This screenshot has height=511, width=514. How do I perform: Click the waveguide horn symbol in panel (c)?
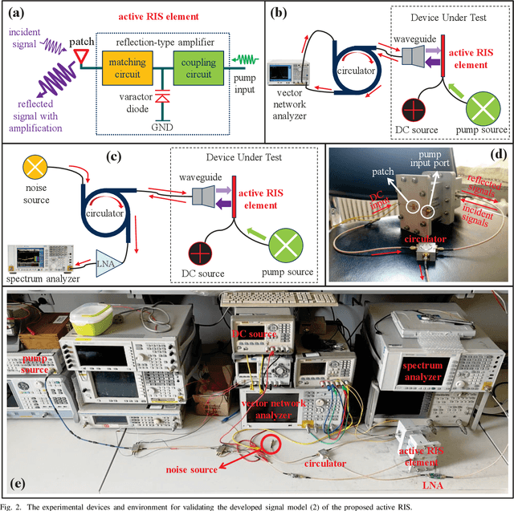[202, 197]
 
